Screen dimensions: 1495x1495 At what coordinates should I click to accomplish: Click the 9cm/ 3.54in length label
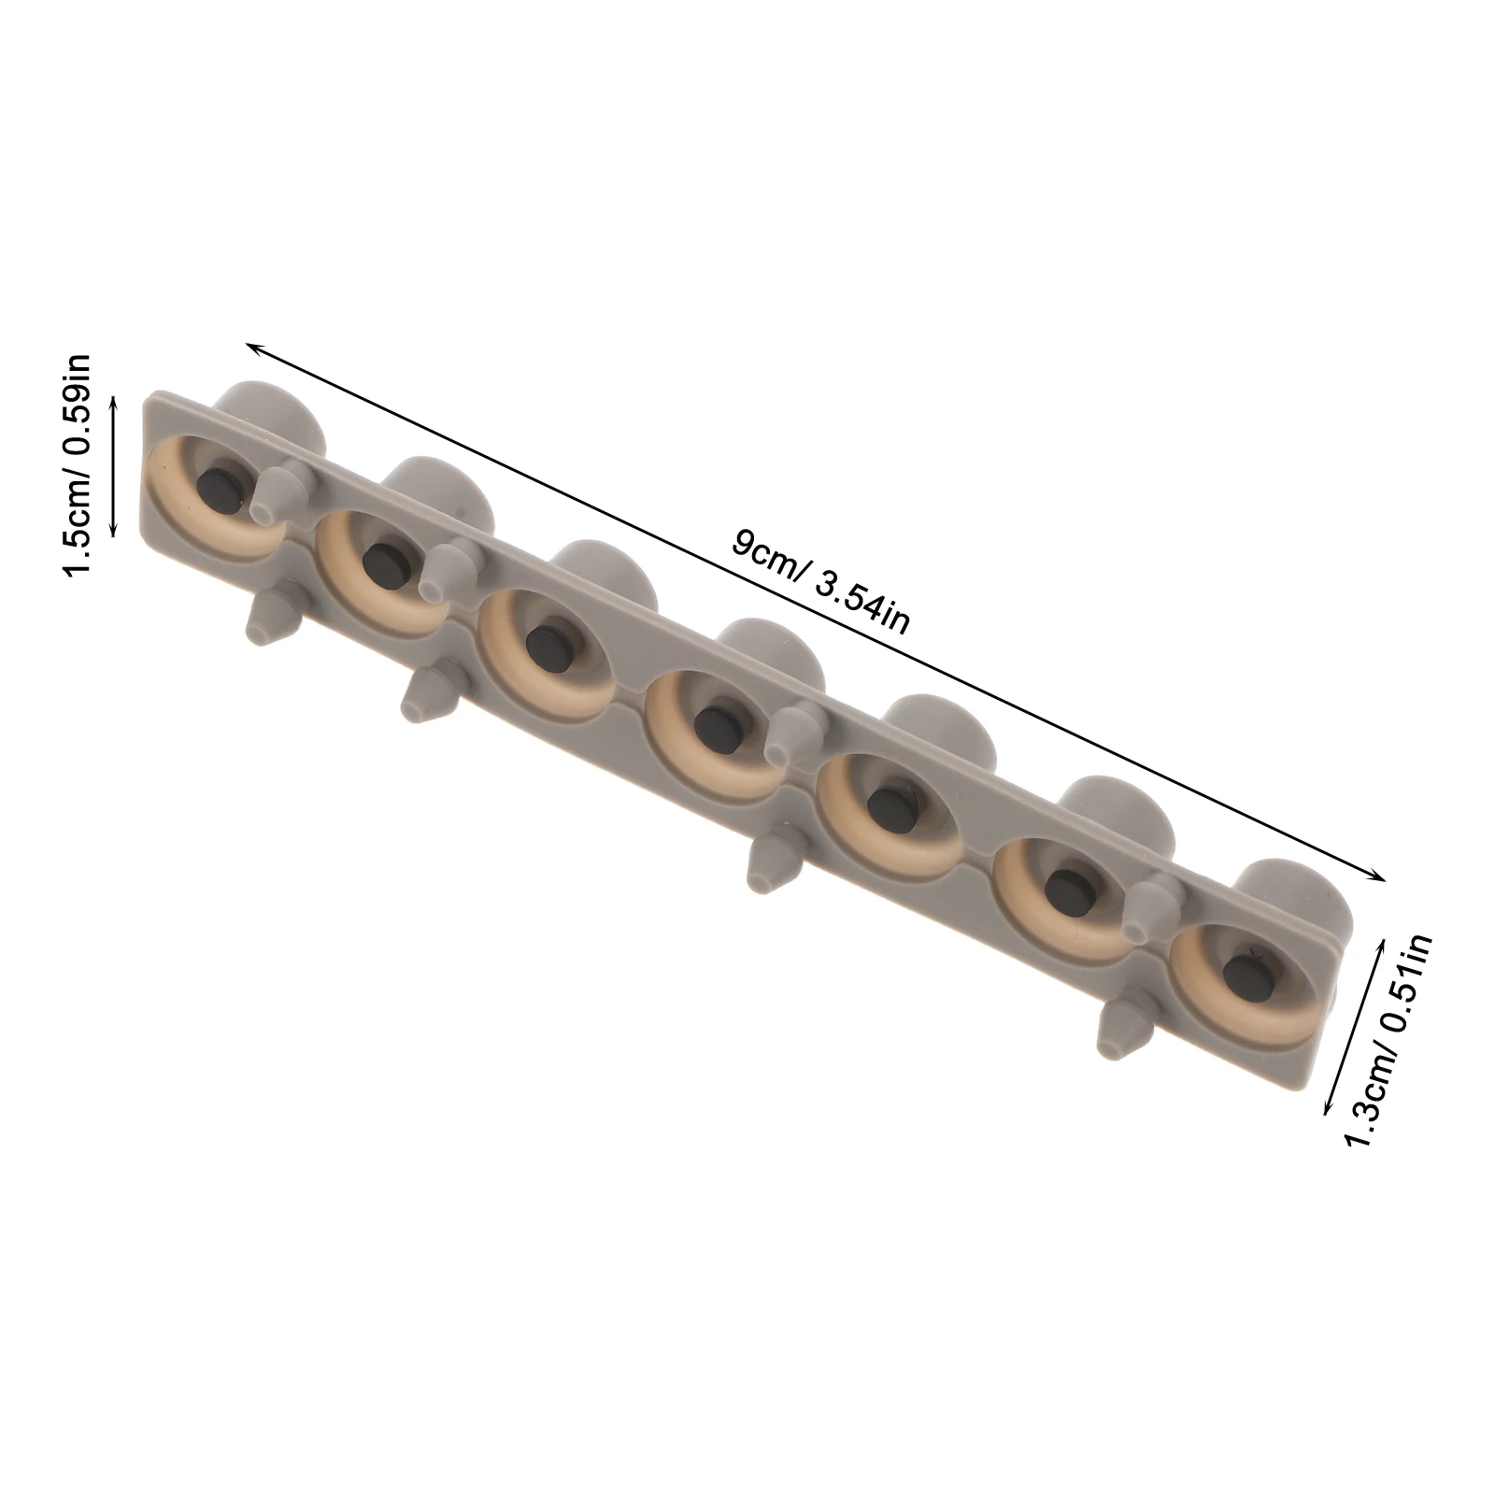[x=819, y=581]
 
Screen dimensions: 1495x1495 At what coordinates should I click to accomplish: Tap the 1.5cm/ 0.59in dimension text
[x=77, y=464]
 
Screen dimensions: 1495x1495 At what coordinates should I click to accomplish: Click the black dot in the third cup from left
[x=543, y=643]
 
